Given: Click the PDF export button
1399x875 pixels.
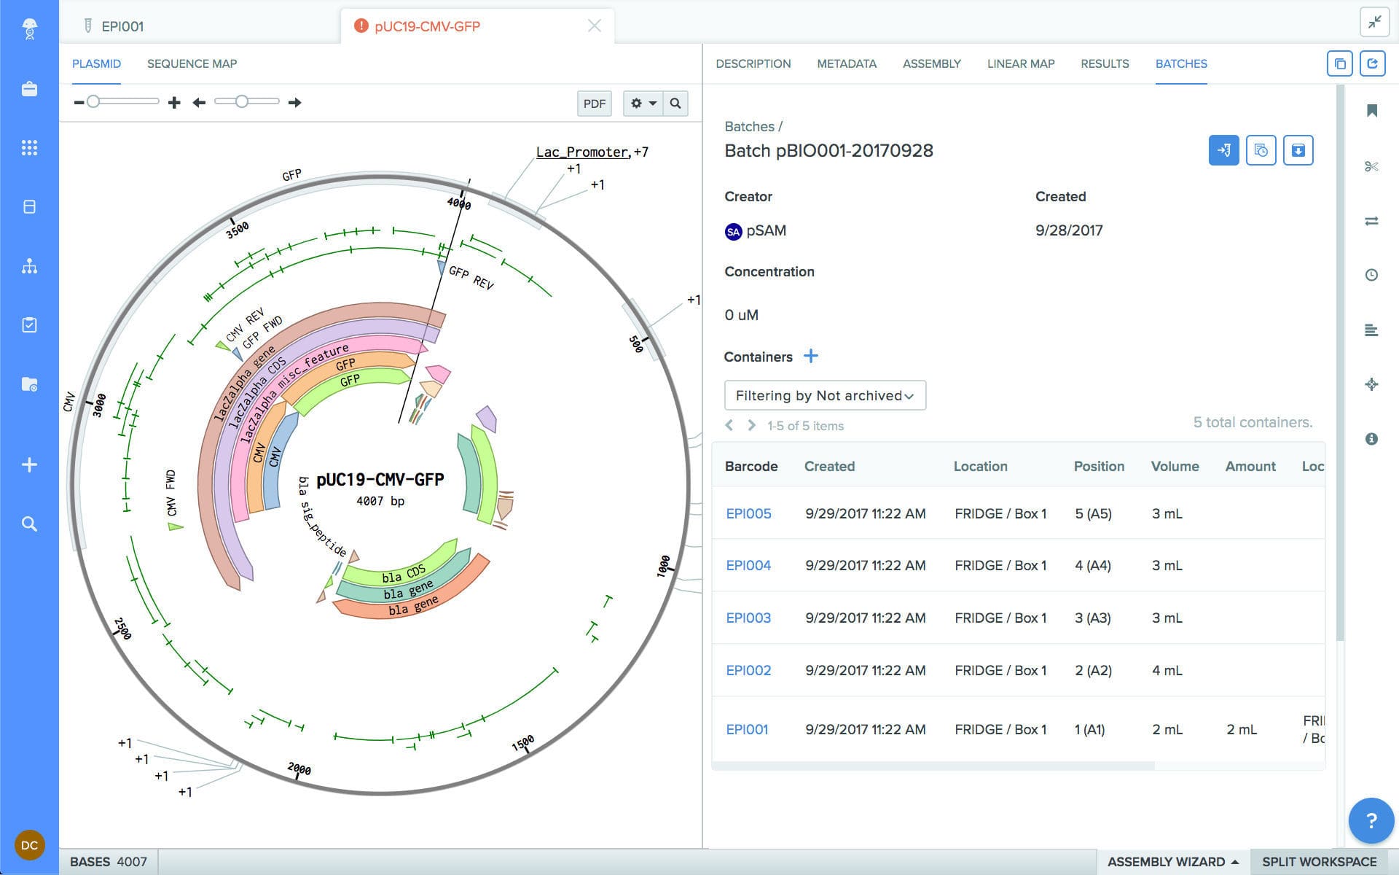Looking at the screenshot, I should point(594,104).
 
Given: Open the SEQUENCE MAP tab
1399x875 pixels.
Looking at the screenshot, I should point(192,63).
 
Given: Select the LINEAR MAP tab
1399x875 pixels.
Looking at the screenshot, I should point(1020,63).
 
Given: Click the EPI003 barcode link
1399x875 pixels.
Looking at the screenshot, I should point(748,618).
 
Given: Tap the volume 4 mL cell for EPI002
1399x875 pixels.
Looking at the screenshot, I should point(1167,670).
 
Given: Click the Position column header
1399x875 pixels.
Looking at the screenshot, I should point(1098,466).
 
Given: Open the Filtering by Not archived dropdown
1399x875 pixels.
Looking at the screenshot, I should point(824,395).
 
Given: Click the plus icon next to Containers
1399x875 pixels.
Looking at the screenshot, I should point(810,356).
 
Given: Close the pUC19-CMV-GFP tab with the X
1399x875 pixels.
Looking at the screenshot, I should point(594,26).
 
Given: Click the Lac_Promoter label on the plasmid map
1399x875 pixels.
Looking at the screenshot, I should point(581,152).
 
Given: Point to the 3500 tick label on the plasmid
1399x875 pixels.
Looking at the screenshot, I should point(238,230).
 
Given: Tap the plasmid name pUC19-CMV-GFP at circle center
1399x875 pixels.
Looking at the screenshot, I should point(380,479).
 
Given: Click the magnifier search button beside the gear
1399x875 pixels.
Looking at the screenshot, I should point(675,104).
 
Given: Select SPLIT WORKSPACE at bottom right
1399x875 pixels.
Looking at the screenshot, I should point(1319,861).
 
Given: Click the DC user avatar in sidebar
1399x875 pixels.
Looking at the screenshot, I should point(29,845).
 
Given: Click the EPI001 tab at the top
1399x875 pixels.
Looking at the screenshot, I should point(122,26).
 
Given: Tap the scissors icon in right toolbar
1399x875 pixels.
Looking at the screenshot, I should point(1371,166).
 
